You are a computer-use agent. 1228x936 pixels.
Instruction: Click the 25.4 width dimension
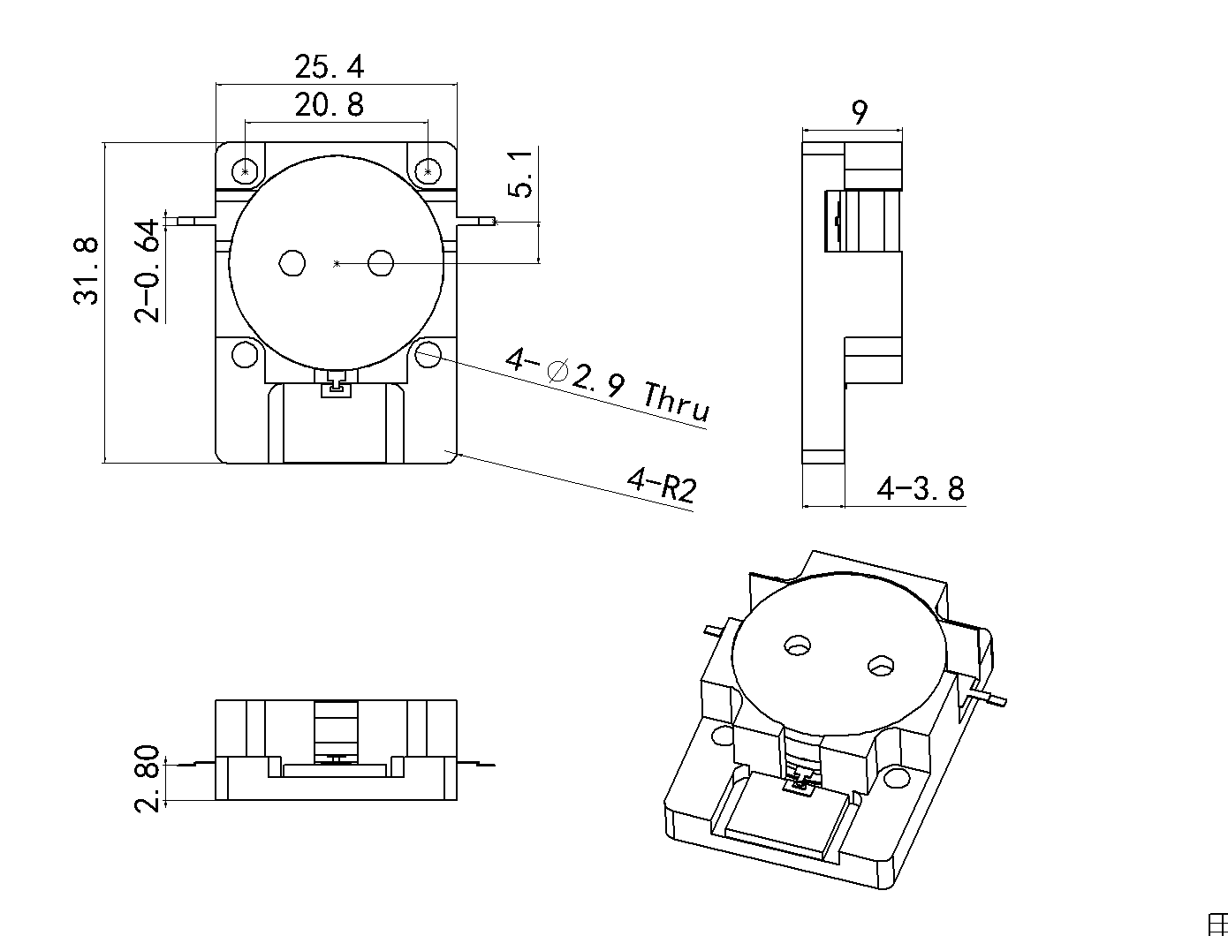click(329, 67)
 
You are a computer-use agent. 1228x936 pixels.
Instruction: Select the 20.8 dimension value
click(329, 106)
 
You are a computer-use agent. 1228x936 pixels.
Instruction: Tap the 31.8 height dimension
click(87, 270)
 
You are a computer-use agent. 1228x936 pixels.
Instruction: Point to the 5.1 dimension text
click(522, 174)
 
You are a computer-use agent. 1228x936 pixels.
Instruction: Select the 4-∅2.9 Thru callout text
click(607, 386)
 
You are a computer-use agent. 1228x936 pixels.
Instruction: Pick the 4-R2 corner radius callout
click(661, 485)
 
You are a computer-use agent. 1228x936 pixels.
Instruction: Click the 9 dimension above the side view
click(859, 112)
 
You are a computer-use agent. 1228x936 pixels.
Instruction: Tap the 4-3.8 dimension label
click(920, 488)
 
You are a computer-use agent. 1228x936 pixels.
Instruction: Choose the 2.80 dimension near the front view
click(148, 778)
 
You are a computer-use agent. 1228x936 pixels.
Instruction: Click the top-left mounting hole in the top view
click(246, 170)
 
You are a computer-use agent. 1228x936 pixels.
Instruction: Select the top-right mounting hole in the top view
click(428, 170)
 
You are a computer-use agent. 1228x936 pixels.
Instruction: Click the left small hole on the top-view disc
click(292, 262)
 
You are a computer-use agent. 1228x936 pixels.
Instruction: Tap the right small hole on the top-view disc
click(381, 262)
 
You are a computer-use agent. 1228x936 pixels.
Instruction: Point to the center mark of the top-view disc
click(336, 263)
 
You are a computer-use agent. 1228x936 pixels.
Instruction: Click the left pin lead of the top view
click(191, 221)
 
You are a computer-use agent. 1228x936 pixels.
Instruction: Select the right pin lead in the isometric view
click(995, 699)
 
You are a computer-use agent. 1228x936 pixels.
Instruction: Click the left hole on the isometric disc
click(798, 645)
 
